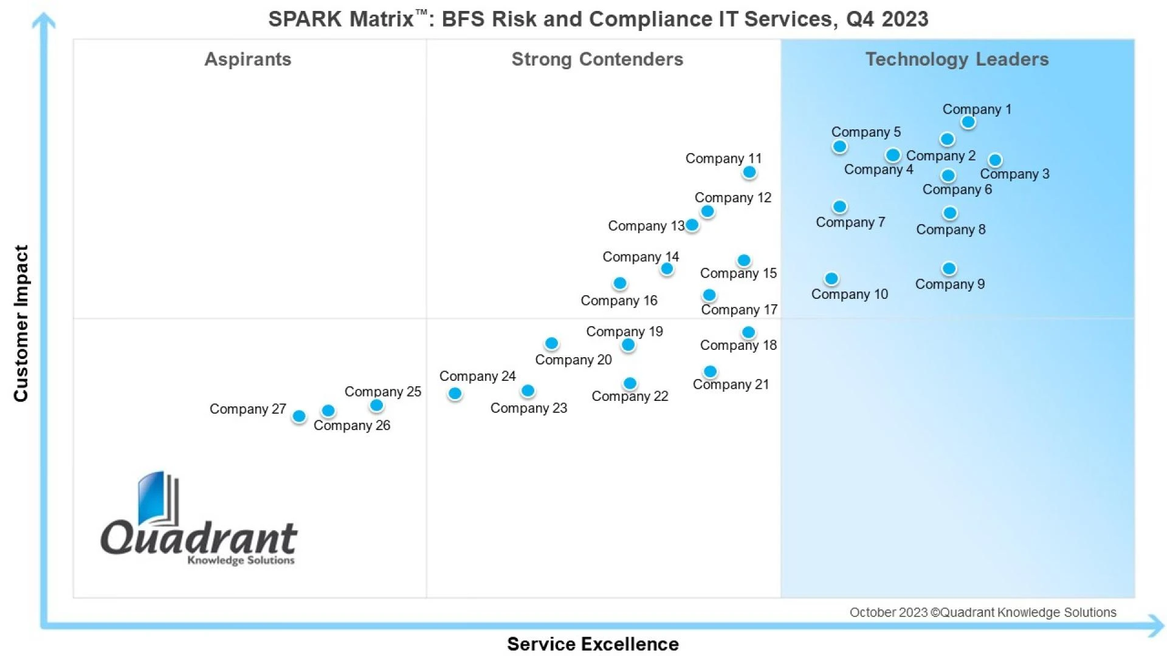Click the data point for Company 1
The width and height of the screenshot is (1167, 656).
pos(968,122)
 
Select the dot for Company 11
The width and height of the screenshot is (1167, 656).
pos(749,173)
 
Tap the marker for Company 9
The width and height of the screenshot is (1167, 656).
pos(949,268)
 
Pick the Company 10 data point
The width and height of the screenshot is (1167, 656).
pos(831,279)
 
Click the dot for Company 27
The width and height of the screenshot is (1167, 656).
pos(299,416)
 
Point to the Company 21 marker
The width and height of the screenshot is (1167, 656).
pos(710,371)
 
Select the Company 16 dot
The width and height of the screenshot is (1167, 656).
pos(620,283)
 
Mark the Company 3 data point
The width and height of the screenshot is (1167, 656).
pos(995,160)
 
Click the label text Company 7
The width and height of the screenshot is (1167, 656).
pos(850,222)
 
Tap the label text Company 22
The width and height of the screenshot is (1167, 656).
pos(630,396)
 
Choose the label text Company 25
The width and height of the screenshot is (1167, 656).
pos(382,392)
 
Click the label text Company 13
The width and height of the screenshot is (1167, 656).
pos(645,226)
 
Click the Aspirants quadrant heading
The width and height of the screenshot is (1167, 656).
pos(247,59)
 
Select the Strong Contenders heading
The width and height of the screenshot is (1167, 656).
pos(597,59)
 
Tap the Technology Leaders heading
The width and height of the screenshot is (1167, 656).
pos(957,59)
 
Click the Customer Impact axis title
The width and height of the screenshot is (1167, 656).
pos(21,323)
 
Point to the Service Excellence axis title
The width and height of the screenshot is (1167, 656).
pos(593,644)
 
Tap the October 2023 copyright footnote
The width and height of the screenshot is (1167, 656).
pos(982,612)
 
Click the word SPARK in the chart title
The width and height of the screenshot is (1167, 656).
pos(305,19)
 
